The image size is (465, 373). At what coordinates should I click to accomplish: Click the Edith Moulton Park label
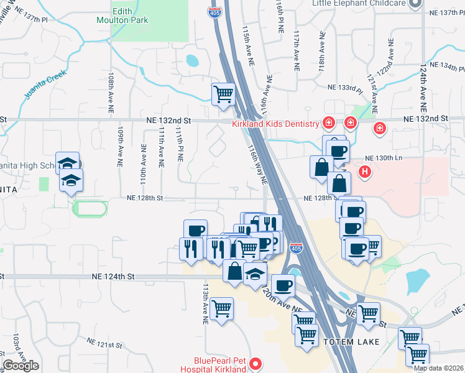(131, 16)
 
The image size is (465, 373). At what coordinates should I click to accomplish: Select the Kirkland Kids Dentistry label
(275, 124)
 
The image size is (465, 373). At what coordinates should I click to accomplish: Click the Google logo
(21, 366)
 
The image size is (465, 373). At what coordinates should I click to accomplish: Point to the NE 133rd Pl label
(341, 88)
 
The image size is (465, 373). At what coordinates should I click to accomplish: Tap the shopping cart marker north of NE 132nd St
(223, 95)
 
